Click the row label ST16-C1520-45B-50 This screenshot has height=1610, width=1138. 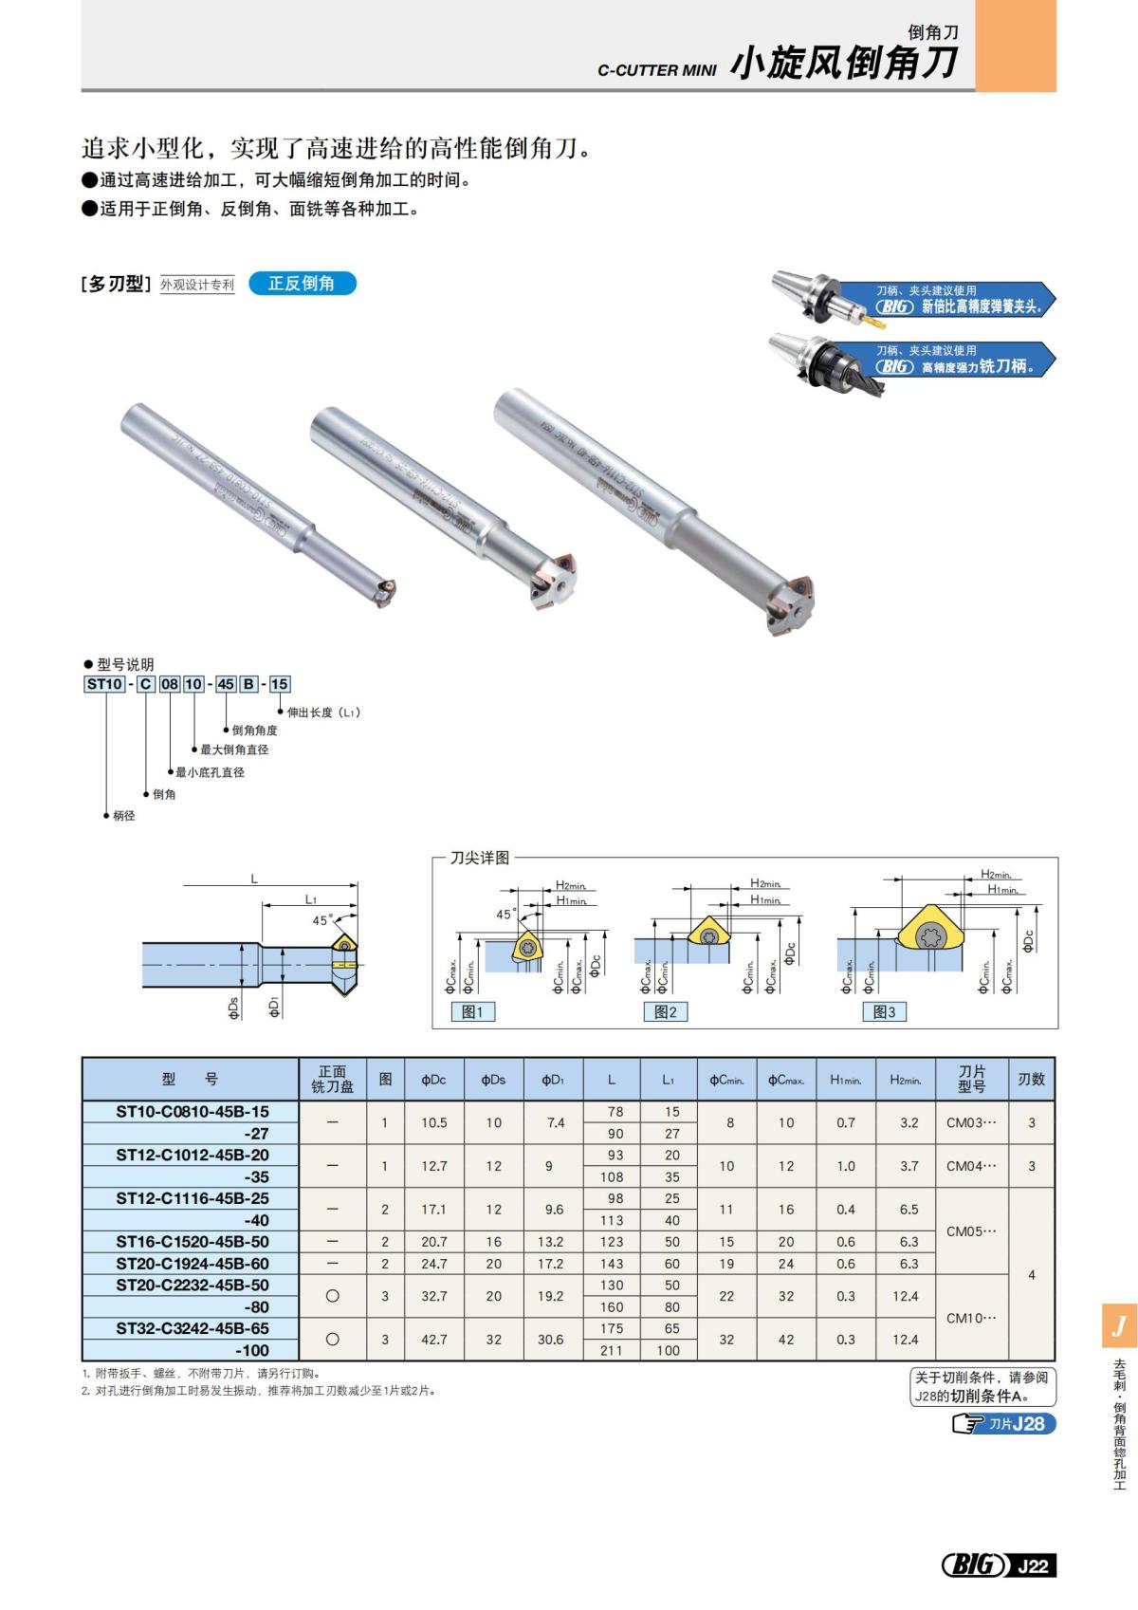(192, 1242)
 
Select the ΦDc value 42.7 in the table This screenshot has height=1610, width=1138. (433, 1340)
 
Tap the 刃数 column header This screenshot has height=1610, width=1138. (1031, 1080)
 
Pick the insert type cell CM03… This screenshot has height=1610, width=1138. (971, 1123)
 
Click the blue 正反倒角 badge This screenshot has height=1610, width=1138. (302, 284)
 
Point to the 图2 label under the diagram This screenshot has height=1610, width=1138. (666, 1012)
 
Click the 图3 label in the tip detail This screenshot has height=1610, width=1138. (884, 1012)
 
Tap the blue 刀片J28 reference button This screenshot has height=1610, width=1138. (1004, 1424)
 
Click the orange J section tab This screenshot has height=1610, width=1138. (1119, 1325)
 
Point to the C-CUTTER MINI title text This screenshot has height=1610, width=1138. (656, 70)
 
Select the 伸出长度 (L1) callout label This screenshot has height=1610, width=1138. (323, 712)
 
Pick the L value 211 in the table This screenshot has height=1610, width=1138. (612, 1351)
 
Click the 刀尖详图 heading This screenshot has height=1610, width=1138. (480, 858)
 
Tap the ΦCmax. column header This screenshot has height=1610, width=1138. (786, 1080)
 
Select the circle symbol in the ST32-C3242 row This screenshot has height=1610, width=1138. (332, 1340)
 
